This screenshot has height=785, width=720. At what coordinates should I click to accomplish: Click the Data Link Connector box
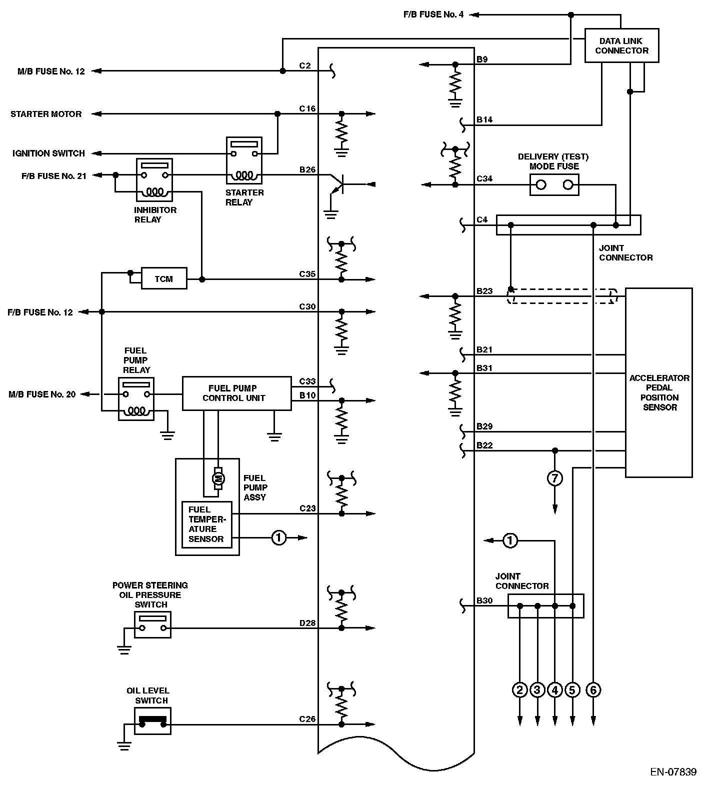pyautogui.click(x=621, y=45)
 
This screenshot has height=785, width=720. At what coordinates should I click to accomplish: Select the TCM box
pyautogui.click(x=164, y=278)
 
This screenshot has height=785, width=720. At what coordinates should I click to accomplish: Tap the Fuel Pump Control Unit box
pyautogui.click(x=236, y=393)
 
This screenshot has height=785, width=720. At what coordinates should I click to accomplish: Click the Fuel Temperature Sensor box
pyautogui.click(x=206, y=524)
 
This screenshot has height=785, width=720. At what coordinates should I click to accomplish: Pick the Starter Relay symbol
pyautogui.click(x=244, y=160)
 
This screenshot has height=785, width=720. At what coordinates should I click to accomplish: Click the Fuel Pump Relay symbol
pyautogui.click(x=136, y=399)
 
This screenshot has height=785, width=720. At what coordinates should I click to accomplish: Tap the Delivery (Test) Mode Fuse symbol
pyautogui.click(x=554, y=185)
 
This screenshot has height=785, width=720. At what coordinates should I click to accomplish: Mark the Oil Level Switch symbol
pyautogui.click(x=152, y=721)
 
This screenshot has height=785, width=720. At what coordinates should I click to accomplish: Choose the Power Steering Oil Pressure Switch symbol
pyautogui.click(x=152, y=625)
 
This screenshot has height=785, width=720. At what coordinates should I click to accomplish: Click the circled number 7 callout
pyautogui.click(x=554, y=478)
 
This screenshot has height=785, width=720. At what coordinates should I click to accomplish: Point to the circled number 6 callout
pyautogui.click(x=593, y=690)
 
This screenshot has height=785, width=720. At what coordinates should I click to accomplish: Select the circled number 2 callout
pyautogui.click(x=520, y=690)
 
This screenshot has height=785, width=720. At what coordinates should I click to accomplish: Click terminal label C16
pyautogui.click(x=307, y=108)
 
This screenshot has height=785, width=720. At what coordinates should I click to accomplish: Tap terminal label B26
pyautogui.click(x=307, y=170)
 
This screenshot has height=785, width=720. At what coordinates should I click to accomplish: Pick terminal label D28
pyautogui.click(x=307, y=623)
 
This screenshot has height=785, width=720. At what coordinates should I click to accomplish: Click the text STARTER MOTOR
pyautogui.click(x=46, y=114)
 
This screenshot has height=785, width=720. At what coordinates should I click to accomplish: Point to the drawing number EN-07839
pyautogui.click(x=673, y=772)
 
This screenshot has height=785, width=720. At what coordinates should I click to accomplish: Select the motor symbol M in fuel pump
pyautogui.click(x=218, y=479)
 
